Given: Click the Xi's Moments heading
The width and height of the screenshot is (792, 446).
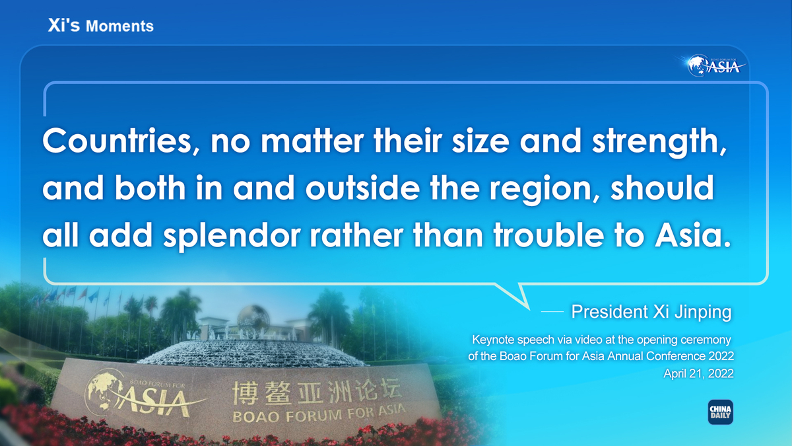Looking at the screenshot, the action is [x=101, y=26].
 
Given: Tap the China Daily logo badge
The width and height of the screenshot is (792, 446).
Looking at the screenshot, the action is [x=720, y=412].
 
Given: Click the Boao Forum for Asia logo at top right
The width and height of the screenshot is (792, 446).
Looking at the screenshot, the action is [x=714, y=65].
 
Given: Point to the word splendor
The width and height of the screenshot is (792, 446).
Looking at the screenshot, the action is [x=232, y=235].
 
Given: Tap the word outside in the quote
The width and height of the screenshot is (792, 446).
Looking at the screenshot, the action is [x=363, y=188].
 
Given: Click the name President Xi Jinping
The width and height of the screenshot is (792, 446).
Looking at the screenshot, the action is [x=651, y=312].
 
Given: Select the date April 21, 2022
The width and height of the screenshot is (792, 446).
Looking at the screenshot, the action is [x=698, y=373].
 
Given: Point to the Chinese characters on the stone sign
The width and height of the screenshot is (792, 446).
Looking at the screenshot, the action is [x=316, y=392].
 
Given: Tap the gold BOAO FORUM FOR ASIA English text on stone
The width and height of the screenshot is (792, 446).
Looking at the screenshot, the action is [x=319, y=414].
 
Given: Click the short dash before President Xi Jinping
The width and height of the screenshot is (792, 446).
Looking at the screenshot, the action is [x=552, y=312].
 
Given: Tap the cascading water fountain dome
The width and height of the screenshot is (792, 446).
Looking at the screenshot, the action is [x=251, y=353].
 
